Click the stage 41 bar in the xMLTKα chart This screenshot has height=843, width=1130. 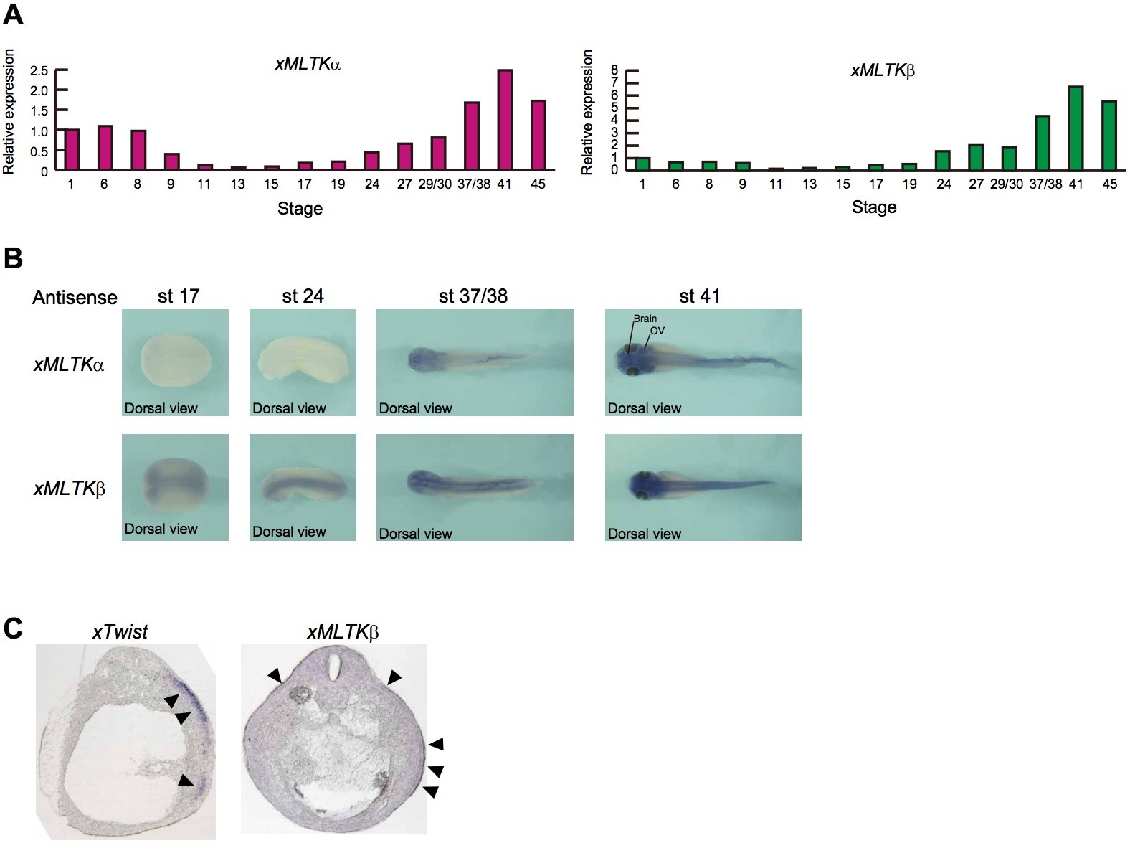point(505,121)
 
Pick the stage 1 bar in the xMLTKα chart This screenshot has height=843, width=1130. point(72,150)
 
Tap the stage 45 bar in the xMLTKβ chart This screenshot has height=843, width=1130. point(1109,136)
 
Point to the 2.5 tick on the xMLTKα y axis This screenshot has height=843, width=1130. point(39,70)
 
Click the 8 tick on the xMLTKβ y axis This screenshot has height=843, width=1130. point(614,70)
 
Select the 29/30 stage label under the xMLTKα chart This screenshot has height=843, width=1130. point(435,184)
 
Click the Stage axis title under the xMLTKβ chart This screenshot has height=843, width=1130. point(874,207)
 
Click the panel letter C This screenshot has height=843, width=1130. point(13,628)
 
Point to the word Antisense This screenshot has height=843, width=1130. point(75,298)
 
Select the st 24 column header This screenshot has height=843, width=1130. point(303,296)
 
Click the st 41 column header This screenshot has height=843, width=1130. point(699,296)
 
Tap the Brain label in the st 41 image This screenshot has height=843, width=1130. point(645,319)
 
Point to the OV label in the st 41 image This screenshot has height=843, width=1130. point(657,331)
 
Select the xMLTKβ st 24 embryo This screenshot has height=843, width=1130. point(301,486)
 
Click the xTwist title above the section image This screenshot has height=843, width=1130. point(120,632)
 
